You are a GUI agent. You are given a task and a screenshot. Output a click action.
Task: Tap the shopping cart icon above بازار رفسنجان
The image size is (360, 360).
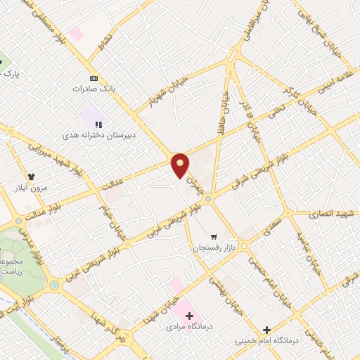coord(214,237)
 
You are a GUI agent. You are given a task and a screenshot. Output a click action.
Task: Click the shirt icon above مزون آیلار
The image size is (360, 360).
coord(31,176)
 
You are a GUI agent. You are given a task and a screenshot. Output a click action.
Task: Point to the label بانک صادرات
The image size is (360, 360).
coord(94,89)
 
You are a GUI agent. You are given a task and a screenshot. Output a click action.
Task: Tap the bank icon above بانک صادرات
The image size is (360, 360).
coord(94,78)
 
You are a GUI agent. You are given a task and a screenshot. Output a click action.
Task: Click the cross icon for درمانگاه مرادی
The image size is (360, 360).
coord(189,316)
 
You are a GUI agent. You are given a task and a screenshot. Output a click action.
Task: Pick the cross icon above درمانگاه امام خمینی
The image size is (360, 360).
coord(266,330)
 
